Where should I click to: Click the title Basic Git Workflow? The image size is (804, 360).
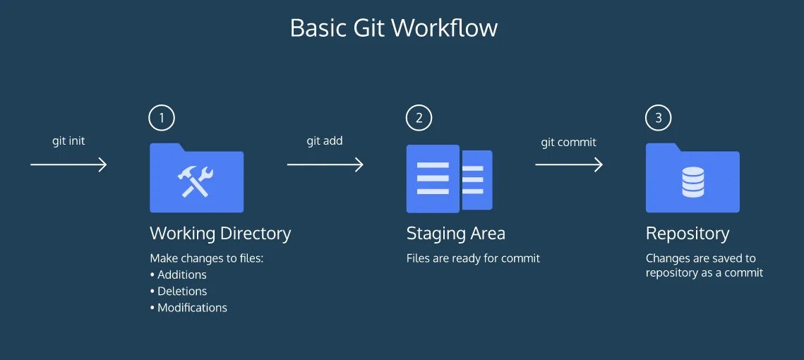tap(394, 28)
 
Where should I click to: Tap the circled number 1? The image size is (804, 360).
tap(162, 118)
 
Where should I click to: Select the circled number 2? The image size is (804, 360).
tap(419, 118)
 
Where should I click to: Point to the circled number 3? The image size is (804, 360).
tap(659, 118)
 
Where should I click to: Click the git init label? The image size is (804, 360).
tap(68, 140)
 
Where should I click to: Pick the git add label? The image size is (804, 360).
tap(325, 140)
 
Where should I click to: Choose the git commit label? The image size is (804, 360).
tap(568, 142)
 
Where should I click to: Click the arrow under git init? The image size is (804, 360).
tap(68, 164)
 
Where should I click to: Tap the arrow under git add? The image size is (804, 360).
tap(325, 164)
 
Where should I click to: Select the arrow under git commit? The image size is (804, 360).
tap(568, 164)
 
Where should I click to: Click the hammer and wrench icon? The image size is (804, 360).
tap(196, 182)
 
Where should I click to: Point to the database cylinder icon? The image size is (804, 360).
tap(692, 182)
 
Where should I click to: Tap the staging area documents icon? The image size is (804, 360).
tap(449, 179)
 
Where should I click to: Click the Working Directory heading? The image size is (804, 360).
tap(220, 234)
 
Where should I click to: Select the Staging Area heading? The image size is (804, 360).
tap(455, 234)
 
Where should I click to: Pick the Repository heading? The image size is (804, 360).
tap(688, 234)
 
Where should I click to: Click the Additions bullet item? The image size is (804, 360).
tap(181, 275)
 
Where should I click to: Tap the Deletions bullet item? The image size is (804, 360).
tap(181, 291)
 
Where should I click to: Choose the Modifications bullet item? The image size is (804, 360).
tap(192, 308)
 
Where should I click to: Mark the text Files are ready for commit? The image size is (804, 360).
tap(473, 258)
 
